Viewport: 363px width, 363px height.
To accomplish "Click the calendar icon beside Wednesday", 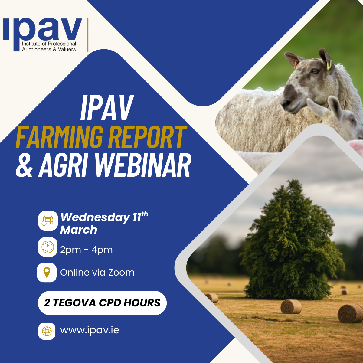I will [x=48, y=221].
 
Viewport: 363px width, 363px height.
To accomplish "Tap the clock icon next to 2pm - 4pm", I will [x=48, y=247].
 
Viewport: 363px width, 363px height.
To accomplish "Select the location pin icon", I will [x=47, y=272].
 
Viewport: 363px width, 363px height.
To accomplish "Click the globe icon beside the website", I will [x=47, y=331].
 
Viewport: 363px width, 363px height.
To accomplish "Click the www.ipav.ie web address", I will [x=90, y=330].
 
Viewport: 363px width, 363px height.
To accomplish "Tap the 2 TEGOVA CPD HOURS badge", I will [x=102, y=303].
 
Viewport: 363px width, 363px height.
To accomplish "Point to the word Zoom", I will [x=121, y=272].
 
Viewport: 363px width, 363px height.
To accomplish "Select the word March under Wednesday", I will [x=79, y=230].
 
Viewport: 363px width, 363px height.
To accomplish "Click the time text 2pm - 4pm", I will [x=86, y=250].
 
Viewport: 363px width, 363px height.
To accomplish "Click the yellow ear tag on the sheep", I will [x=329, y=64].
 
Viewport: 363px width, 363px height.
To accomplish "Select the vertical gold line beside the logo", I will [x=88, y=35].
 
